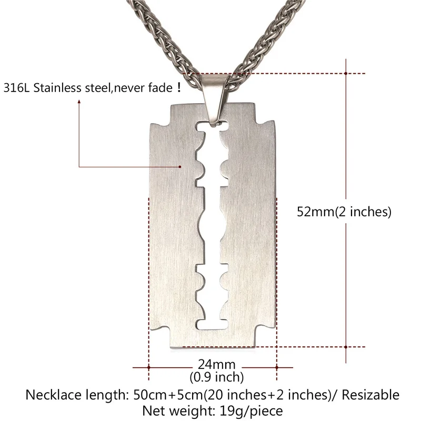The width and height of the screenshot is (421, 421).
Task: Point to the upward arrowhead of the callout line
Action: tap(79, 104)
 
